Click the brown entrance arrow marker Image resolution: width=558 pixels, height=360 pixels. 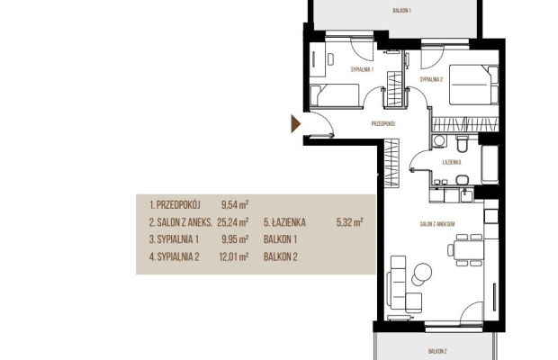tap(295, 124)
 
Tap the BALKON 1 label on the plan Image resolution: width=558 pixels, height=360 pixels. tap(401, 11)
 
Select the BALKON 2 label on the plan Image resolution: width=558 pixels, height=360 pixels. tap(437, 352)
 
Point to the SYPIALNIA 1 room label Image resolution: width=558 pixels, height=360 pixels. tap(362, 69)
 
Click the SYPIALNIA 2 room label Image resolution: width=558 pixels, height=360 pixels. tap(431, 80)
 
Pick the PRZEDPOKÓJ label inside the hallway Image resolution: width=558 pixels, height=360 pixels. tap(383, 124)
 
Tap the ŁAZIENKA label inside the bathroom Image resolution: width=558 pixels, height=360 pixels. tap(452, 162)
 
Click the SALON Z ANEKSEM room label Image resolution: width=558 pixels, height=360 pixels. tap(437, 224)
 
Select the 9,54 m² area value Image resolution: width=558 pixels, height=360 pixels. tap(235, 205)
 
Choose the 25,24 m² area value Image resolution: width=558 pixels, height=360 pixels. tap(233, 222)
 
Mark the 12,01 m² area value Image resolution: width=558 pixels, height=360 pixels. tap(234, 256)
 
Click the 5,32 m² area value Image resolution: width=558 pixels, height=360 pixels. tap(350, 222)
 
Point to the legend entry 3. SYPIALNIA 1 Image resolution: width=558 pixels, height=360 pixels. tap(174, 239)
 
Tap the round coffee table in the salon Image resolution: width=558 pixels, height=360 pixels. tap(422, 274)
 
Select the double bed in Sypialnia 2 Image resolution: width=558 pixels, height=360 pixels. tap(473, 85)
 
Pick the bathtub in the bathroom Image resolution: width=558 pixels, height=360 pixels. tap(490, 165)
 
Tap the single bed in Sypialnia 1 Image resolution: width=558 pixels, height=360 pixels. tap(334, 95)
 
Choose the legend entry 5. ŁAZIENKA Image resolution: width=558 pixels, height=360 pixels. tap(284, 222)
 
